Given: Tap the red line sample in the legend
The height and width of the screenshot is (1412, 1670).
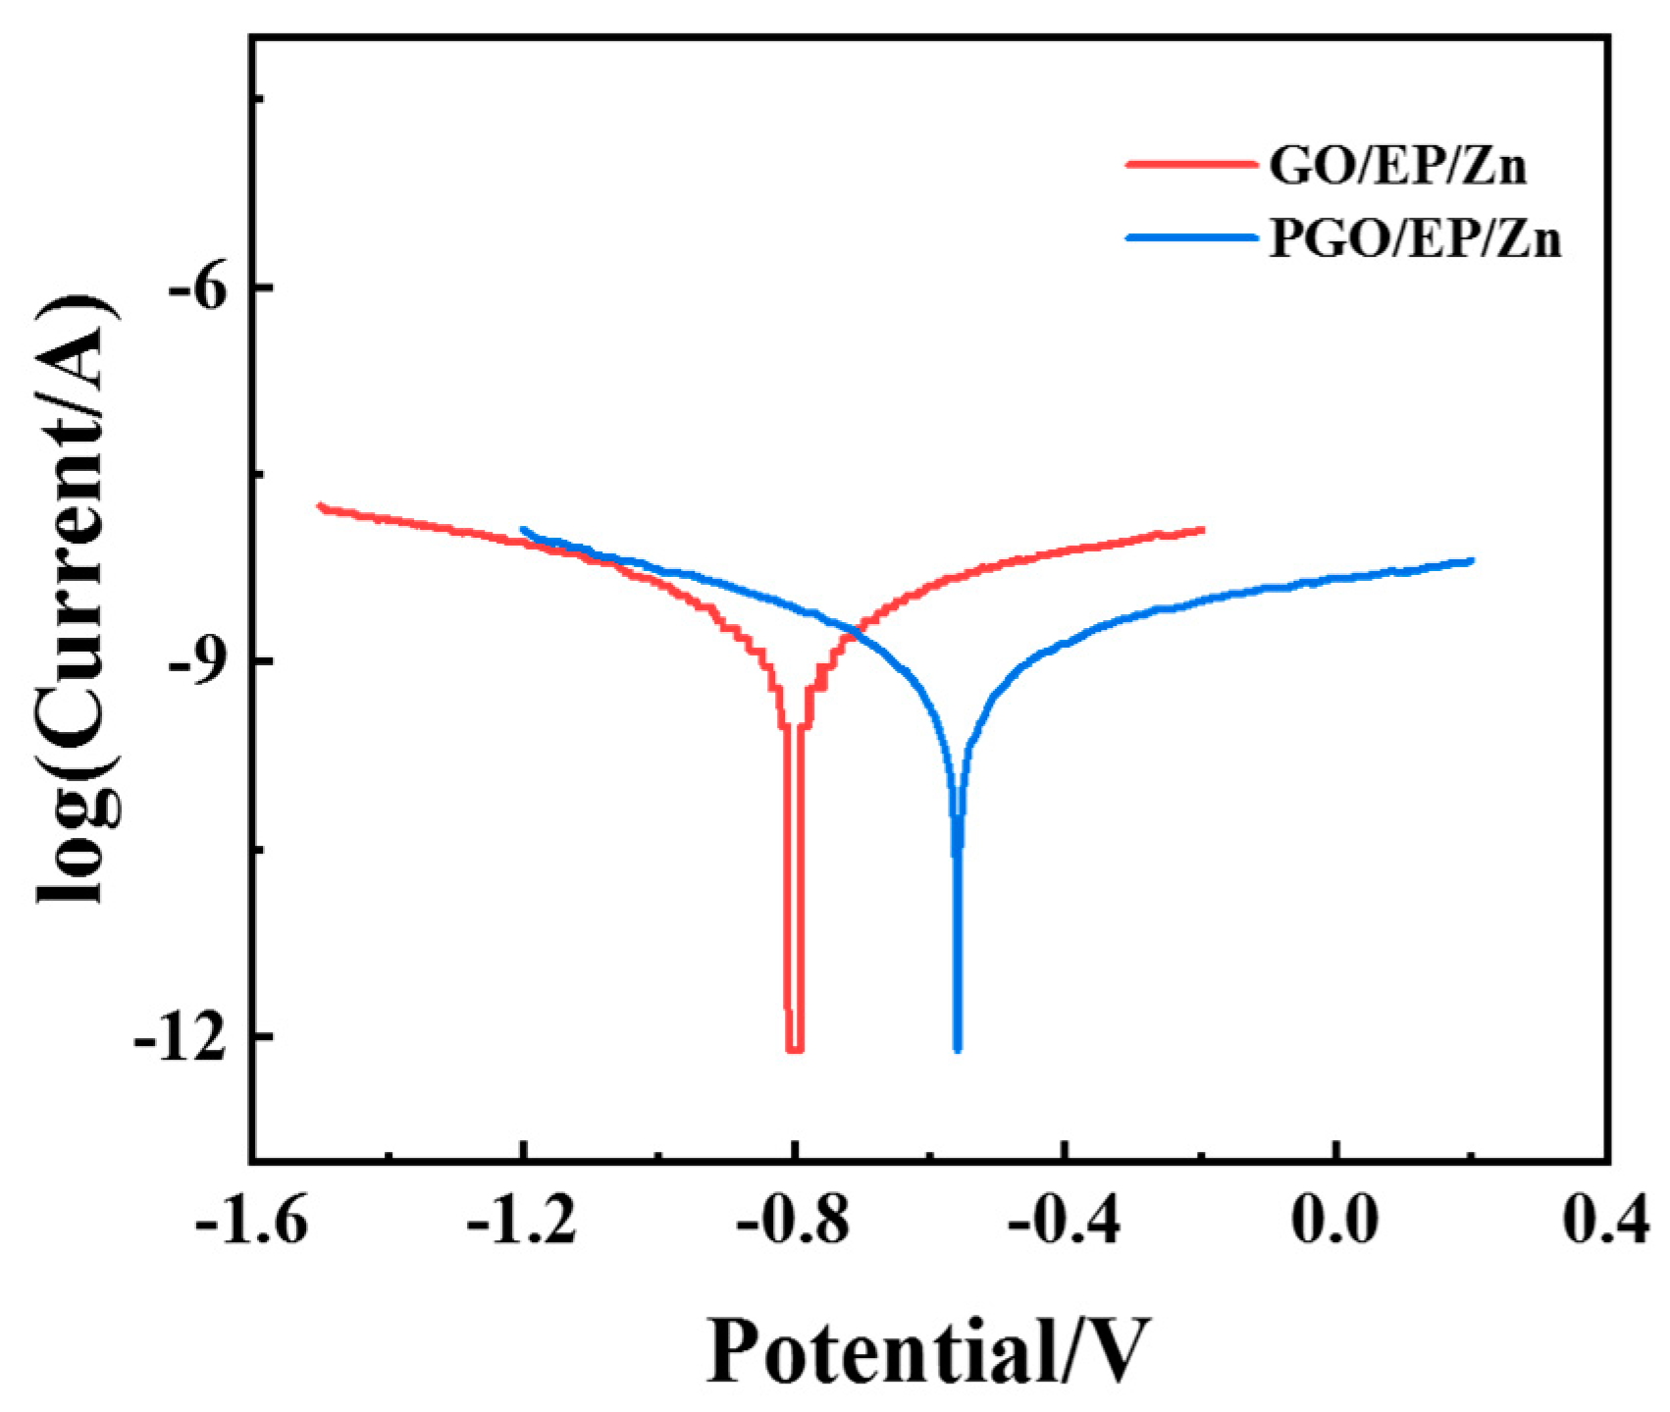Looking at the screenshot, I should (1188, 165).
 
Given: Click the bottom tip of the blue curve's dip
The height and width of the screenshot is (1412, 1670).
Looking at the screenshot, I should (958, 1050).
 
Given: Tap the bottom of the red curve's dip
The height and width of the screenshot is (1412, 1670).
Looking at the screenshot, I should (795, 1050).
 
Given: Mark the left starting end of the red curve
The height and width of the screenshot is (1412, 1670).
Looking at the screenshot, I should (319, 506).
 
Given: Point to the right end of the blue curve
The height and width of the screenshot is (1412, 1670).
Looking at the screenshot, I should (1472, 560).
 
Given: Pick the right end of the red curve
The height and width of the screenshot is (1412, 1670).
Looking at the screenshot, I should (1202, 530).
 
